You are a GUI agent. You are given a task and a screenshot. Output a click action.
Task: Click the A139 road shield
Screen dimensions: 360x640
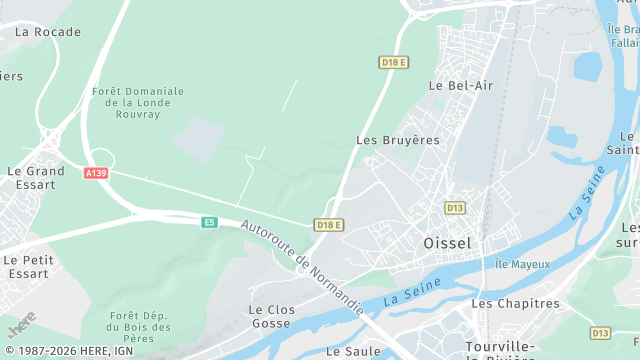coord(96,173)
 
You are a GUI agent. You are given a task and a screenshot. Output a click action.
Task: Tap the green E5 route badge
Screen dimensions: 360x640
coord(209,222)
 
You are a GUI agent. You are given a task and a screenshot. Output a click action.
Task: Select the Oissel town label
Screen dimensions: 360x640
coord(447,243)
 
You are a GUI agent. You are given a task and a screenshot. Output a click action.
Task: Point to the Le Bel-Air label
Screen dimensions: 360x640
coord(461,86)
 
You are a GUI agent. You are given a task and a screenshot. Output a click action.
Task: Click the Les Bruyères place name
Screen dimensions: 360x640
coord(398,140)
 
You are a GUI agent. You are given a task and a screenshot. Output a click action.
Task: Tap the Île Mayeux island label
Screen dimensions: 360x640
coord(523,264)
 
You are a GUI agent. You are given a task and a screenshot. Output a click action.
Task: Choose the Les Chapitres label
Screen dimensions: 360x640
coord(515,303)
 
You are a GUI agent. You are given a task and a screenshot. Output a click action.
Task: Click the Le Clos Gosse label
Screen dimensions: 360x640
coord(272,317)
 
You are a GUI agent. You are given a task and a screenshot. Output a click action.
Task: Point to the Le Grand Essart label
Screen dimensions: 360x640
coord(35,178)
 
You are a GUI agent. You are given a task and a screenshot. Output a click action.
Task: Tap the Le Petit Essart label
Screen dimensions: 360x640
coord(27,266)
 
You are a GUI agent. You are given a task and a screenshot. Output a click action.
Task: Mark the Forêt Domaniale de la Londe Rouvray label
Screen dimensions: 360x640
coord(138,103)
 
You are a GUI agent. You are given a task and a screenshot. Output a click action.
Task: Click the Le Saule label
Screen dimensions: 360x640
coord(353,351)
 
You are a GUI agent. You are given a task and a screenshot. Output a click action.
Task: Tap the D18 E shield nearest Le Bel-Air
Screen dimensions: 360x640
coord(394,62)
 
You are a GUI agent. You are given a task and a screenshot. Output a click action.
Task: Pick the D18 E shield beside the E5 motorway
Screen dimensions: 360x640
coord(329,225)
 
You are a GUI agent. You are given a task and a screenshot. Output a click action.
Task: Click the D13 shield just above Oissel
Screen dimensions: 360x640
coord(455,208)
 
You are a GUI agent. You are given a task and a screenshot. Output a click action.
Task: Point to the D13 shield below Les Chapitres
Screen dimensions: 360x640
coord(600,333)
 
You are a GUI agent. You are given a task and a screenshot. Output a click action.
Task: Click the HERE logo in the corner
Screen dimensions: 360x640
coord(22,326)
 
